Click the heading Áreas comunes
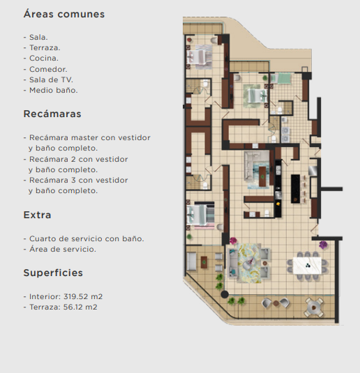pyautogui.click(x=64, y=14)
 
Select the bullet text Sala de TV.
pyautogui.click(x=51, y=79)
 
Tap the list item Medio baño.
pyautogui.click(x=53, y=90)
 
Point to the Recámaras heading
pyautogui.click(x=52, y=114)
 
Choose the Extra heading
pyautogui.click(x=37, y=215)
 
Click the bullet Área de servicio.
pyautogui.click(x=63, y=249)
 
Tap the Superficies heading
pyautogui.click(x=53, y=273)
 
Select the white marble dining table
pyautogui.click(x=307, y=265)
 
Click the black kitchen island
pyautogui.click(x=296, y=189)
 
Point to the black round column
pyautogui.click(x=225, y=294)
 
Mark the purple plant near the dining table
pyautogui.click(x=323, y=245)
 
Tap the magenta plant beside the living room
pyautogui.click(x=233, y=241)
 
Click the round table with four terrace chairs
pyautogui.click(x=314, y=307)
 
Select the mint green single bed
pyautogui.click(x=282, y=78)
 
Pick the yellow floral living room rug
pyautogui.click(x=250, y=263)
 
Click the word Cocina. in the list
pyautogui.click(x=44, y=59)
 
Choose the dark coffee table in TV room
pyautogui.click(x=262, y=176)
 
